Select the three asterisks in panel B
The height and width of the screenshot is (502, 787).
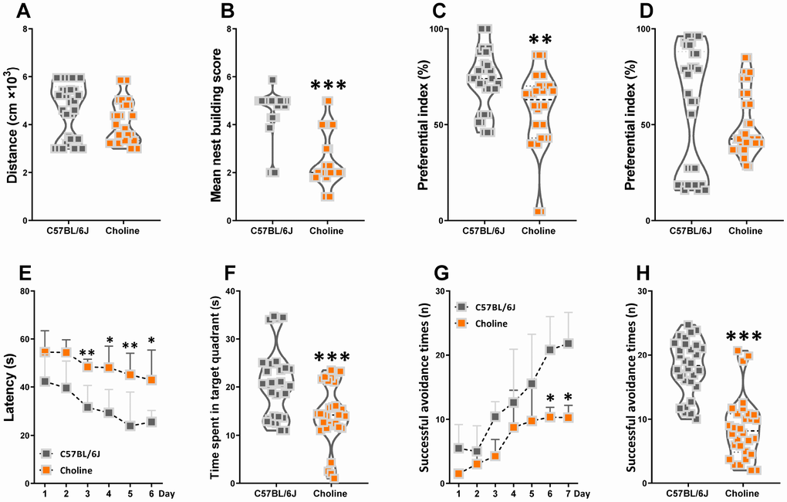(329, 86)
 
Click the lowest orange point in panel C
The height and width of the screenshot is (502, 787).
(539, 212)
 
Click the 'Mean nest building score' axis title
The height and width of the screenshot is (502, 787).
(217, 125)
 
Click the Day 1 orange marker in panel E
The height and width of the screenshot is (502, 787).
(45, 351)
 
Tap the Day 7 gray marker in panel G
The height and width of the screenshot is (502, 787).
(569, 344)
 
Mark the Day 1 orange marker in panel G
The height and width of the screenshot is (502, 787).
(459, 473)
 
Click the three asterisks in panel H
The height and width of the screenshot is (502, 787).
(745, 337)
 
